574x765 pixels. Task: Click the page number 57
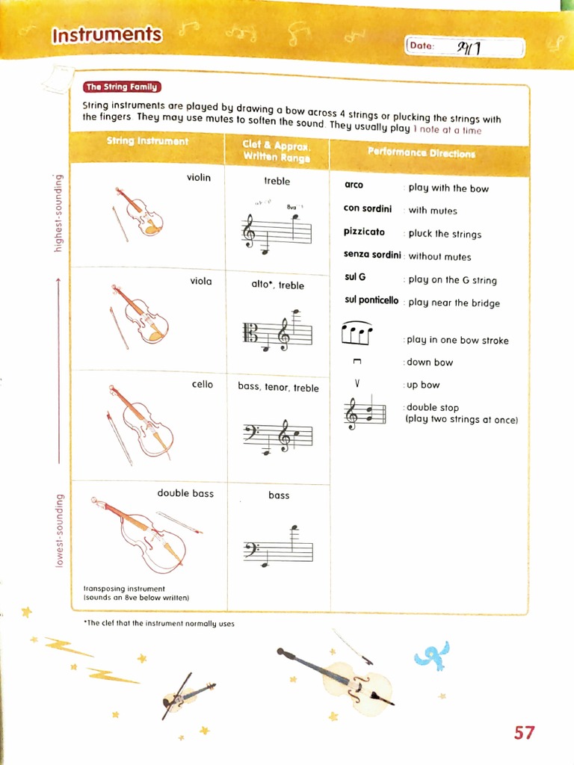524,732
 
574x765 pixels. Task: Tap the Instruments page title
107,34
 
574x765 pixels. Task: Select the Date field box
464,46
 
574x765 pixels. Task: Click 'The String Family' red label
123,87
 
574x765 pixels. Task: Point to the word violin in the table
199,177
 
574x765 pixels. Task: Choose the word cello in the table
202,384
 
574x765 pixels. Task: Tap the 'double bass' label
185,493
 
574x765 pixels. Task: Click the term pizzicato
364,232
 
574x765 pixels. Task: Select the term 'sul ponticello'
371,300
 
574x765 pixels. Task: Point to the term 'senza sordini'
372,255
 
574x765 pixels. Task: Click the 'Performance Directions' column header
421,153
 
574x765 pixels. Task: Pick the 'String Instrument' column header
147,140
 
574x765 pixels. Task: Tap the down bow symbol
357,362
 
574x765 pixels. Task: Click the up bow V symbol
357,384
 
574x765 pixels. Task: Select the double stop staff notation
364,413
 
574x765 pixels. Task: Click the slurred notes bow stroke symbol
357,333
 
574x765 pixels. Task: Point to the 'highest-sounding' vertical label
58,213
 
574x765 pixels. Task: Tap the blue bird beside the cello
432,655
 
